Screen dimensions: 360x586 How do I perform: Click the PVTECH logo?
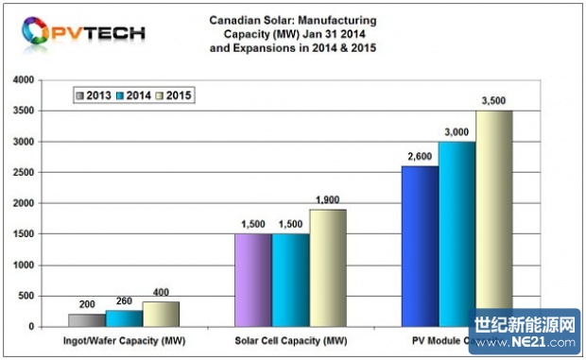[x=85, y=33]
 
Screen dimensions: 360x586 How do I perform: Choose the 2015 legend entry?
[x=177, y=95]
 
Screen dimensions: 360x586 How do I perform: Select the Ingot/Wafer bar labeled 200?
[x=87, y=320]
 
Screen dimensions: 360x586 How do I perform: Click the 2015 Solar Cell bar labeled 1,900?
[x=327, y=268]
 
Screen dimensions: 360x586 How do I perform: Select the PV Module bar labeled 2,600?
[x=419, y=247]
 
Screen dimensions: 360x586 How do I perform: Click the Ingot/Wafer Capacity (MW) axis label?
[x=123, y=338]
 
